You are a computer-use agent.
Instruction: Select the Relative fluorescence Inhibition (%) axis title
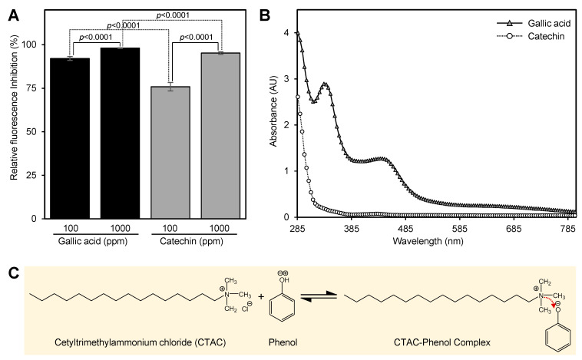click(x=15, y=119)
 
